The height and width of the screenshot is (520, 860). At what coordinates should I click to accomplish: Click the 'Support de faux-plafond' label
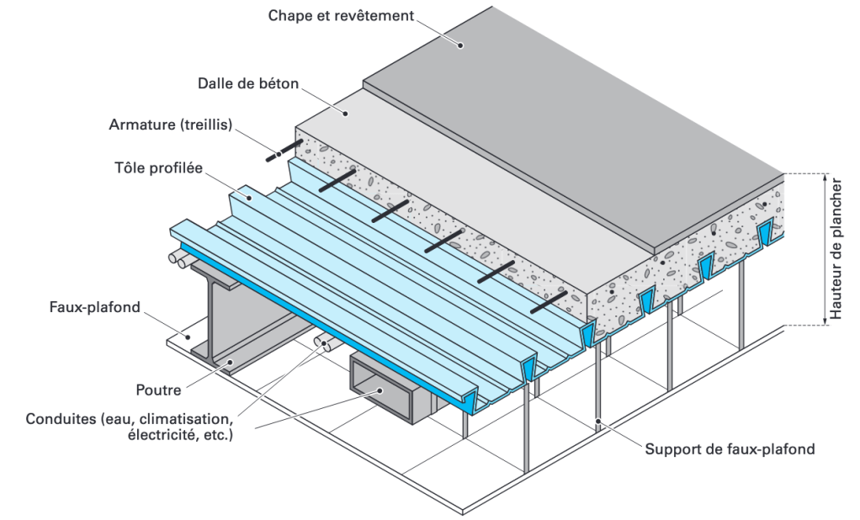(730, 448)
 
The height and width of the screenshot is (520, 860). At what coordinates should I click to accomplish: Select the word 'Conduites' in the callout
(56, 419)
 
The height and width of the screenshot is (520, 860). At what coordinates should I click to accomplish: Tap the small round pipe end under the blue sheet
(323, 342)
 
